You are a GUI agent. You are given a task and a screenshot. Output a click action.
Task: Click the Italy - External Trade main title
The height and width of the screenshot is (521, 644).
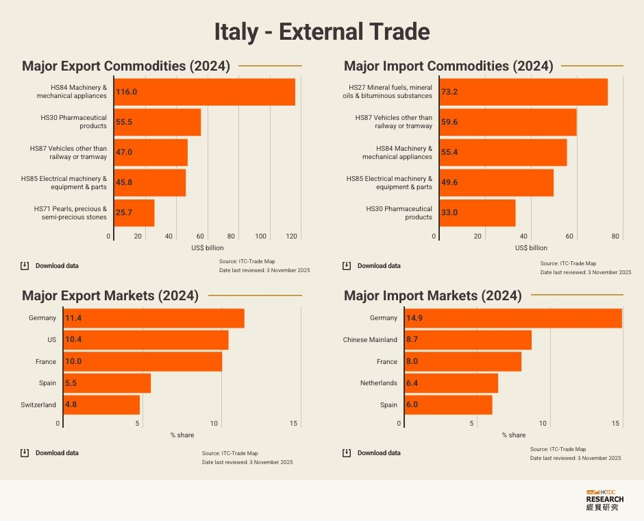click(x=322, y=32)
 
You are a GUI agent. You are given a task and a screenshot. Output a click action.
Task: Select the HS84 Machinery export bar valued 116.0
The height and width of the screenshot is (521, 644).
click(x=204, y=92)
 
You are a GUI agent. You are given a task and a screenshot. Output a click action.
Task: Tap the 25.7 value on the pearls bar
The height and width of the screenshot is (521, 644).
click(x=123, y=213)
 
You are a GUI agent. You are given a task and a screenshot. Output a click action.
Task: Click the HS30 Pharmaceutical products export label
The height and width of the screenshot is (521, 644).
click(x=73, y=122)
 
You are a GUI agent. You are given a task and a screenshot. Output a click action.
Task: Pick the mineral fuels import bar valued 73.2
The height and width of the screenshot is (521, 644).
click(x=523, y=92)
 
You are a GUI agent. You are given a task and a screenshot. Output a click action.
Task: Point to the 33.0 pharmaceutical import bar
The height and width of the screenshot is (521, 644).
click(x=477, y=213)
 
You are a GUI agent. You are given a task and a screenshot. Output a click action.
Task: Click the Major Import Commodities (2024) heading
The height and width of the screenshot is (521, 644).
click(x=448, y=66)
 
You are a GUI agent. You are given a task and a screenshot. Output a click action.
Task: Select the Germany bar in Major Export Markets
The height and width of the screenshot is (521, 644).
click(x=153, y=318)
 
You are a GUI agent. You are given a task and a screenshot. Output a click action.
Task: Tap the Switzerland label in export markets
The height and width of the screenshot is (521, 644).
click(x=38, y=404)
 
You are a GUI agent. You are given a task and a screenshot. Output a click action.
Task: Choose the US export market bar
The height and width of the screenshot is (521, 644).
click(x=145, y=339)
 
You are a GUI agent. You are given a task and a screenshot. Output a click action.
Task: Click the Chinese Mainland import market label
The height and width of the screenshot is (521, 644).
click(x=370, y=339)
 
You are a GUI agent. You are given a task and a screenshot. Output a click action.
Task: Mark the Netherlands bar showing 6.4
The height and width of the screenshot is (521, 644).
click(x=451, y=383)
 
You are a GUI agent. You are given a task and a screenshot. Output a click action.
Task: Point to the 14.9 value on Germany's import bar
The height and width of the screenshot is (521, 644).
click(x=414, y=318)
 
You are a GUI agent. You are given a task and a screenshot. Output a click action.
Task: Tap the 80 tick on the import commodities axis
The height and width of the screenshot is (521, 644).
click(x=616, y=237)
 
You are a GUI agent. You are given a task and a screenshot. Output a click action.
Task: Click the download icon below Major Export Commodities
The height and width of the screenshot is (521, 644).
click(x=24, y=265)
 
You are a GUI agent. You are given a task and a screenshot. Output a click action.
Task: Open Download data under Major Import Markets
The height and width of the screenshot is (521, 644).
click(x=379, y=452)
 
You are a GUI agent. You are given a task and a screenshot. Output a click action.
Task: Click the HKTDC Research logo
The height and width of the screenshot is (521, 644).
click(x=605, y=500)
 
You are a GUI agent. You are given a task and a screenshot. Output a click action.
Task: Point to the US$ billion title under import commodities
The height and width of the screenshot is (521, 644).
click(x=531, y=247)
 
